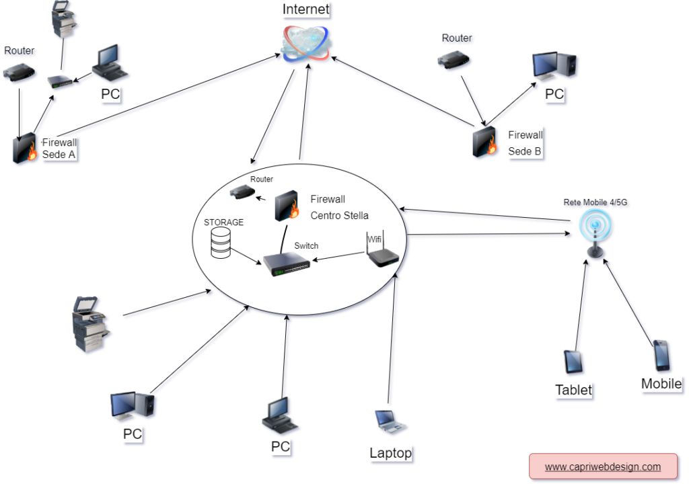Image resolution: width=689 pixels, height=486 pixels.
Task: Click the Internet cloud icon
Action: (x=306, y=43)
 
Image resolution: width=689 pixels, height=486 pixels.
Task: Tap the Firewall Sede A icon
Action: (x=25, y=148)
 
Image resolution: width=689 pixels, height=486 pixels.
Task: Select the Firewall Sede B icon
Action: (x=484, y=141)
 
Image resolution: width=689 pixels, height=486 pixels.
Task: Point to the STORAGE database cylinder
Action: (x=221, y=243)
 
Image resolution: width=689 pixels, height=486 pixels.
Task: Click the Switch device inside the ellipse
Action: (x=287, y=265)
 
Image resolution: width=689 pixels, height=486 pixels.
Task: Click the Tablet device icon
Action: (x=573, y=362)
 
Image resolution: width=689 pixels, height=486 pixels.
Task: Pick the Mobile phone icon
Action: (x=662, y=355)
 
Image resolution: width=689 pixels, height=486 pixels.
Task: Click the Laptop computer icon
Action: (x=390, y=421)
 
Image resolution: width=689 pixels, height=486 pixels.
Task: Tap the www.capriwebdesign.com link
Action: (x=603, y=467)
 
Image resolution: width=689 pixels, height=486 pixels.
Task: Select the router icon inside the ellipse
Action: (x=242, y=192)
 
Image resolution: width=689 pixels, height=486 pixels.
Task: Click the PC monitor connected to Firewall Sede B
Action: (x=554, y=66)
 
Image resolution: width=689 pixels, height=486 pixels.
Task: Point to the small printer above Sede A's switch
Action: (x=64, y=19)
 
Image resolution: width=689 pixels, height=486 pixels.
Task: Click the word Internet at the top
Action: (x=306, y=9)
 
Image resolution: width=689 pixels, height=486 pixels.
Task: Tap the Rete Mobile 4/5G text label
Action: (x=595, y=202)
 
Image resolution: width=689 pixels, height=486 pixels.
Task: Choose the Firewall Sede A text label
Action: (x=59, y=149)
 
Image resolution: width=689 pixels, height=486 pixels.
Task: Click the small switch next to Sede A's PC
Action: (x=60, y=81)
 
